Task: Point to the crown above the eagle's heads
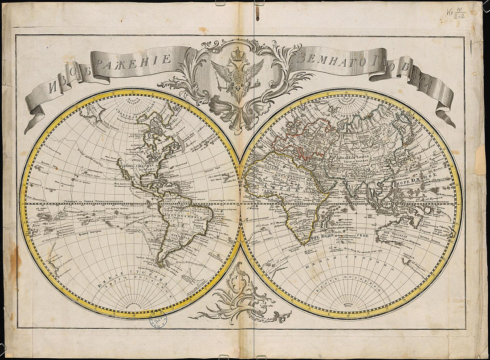[x=237, y=54]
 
